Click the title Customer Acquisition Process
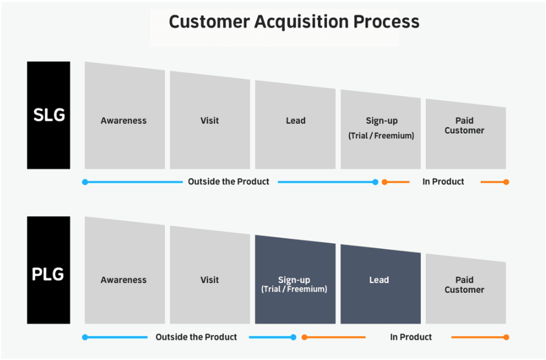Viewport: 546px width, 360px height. [294, 22]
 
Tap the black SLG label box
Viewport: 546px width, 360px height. [48, 116]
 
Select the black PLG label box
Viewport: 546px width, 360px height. [48, 270]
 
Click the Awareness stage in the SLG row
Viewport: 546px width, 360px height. [125, 116]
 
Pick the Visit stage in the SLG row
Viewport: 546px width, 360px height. [210, 120]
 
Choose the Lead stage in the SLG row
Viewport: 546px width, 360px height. [295, 125]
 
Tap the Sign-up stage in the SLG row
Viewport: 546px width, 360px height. [380, 129]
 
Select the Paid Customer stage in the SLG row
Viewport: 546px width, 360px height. [466, 134]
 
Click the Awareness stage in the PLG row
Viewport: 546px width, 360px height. [125, 271]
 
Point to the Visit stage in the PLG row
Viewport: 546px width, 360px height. [210, 275]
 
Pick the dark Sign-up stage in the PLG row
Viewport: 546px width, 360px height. [295, 280]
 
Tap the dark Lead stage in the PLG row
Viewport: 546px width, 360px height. [380, 284]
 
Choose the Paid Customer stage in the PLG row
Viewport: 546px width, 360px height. [466, 289]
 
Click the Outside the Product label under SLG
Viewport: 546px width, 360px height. [229, 182]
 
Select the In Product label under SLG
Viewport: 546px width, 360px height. [443, 182]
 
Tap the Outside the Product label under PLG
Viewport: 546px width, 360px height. [196, 337]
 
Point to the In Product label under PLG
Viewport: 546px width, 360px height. [411, 337]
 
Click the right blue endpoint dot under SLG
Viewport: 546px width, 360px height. [375, 182]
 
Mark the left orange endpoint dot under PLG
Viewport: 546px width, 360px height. [304, 338]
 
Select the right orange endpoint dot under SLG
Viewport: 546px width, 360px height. [506, 182]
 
